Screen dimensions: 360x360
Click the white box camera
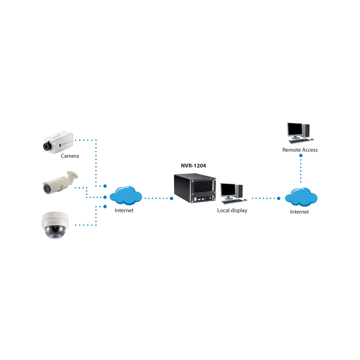point(58,142)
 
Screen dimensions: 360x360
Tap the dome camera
point(55,225)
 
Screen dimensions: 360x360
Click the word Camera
point(70,156)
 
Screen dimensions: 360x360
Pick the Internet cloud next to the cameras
point(125,195)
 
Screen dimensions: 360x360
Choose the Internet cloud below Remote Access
point(301,197)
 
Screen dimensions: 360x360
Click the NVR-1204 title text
point(193,166)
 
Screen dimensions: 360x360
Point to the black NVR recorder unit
point(195,188)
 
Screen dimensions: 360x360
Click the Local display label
point(232,210)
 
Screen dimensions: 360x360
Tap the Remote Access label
point(300,150)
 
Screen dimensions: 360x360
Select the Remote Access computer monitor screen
point(295,130)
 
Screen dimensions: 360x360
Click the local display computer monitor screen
point(228,190)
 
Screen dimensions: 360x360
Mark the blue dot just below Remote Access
point(301,155)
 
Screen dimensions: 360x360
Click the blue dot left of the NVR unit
point(172,198)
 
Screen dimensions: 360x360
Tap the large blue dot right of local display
point(279,198)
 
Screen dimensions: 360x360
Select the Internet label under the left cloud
point(124,210)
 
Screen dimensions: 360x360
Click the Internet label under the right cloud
point(299,212)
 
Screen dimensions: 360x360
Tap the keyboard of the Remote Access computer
point(299,141)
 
